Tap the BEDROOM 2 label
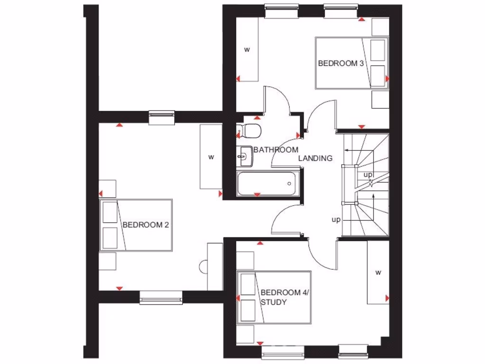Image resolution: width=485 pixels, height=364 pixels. pos(145,225)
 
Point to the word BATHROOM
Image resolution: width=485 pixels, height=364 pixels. pos(276,150)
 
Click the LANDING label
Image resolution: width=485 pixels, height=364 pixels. pos(315,158)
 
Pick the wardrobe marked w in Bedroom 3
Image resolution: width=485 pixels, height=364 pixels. pos(247,50)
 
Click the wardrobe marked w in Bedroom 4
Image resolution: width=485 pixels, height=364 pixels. pos(378,273)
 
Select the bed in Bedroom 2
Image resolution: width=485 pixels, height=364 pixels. pos(136,225)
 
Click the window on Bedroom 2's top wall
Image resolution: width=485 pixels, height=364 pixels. pos(162,118)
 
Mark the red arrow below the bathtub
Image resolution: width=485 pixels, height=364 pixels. pos(257,195)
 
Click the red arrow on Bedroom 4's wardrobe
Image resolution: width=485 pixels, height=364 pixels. pos(387,298)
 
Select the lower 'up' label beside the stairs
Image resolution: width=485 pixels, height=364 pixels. pos(336,219)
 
